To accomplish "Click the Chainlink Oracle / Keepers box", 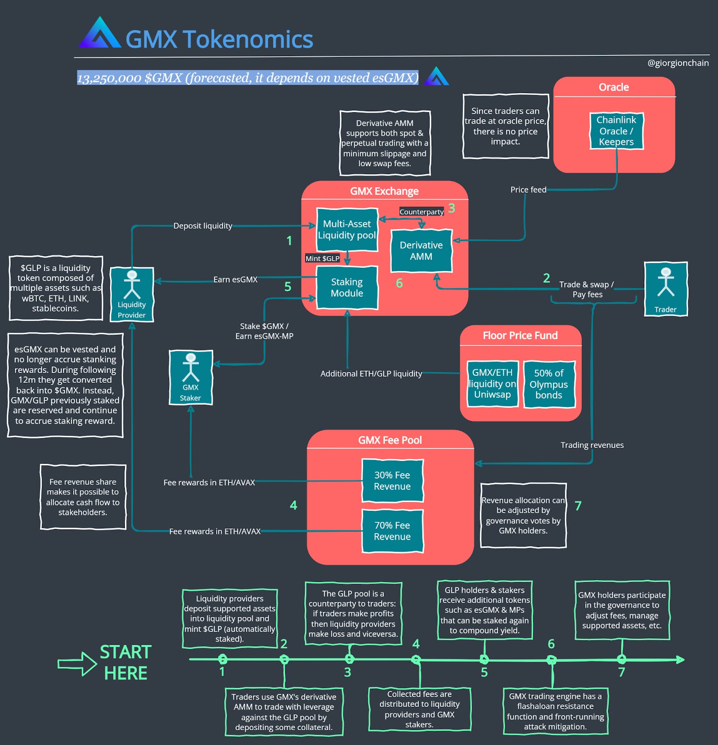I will [616, 131].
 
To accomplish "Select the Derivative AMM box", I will [421, 251].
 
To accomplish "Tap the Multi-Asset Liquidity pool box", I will [347, 230].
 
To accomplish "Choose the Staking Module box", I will [347, 287].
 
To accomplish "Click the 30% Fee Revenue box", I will [392, 481].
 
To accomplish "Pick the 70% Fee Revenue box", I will [392, 531].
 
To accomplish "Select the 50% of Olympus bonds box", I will [548, 384].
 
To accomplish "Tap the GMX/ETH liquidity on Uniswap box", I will [492, 384].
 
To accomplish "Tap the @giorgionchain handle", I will [678, 63].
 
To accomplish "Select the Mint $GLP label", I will [322, 258].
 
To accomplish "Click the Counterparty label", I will [421, 212].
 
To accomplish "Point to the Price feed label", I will [528, 190].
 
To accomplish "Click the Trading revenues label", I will [592, 445].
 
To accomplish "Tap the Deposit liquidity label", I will [203, 226].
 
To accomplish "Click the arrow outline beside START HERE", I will [77, 664].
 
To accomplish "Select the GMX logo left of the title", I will [100, 34].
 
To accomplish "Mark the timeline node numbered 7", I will [622, 659].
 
